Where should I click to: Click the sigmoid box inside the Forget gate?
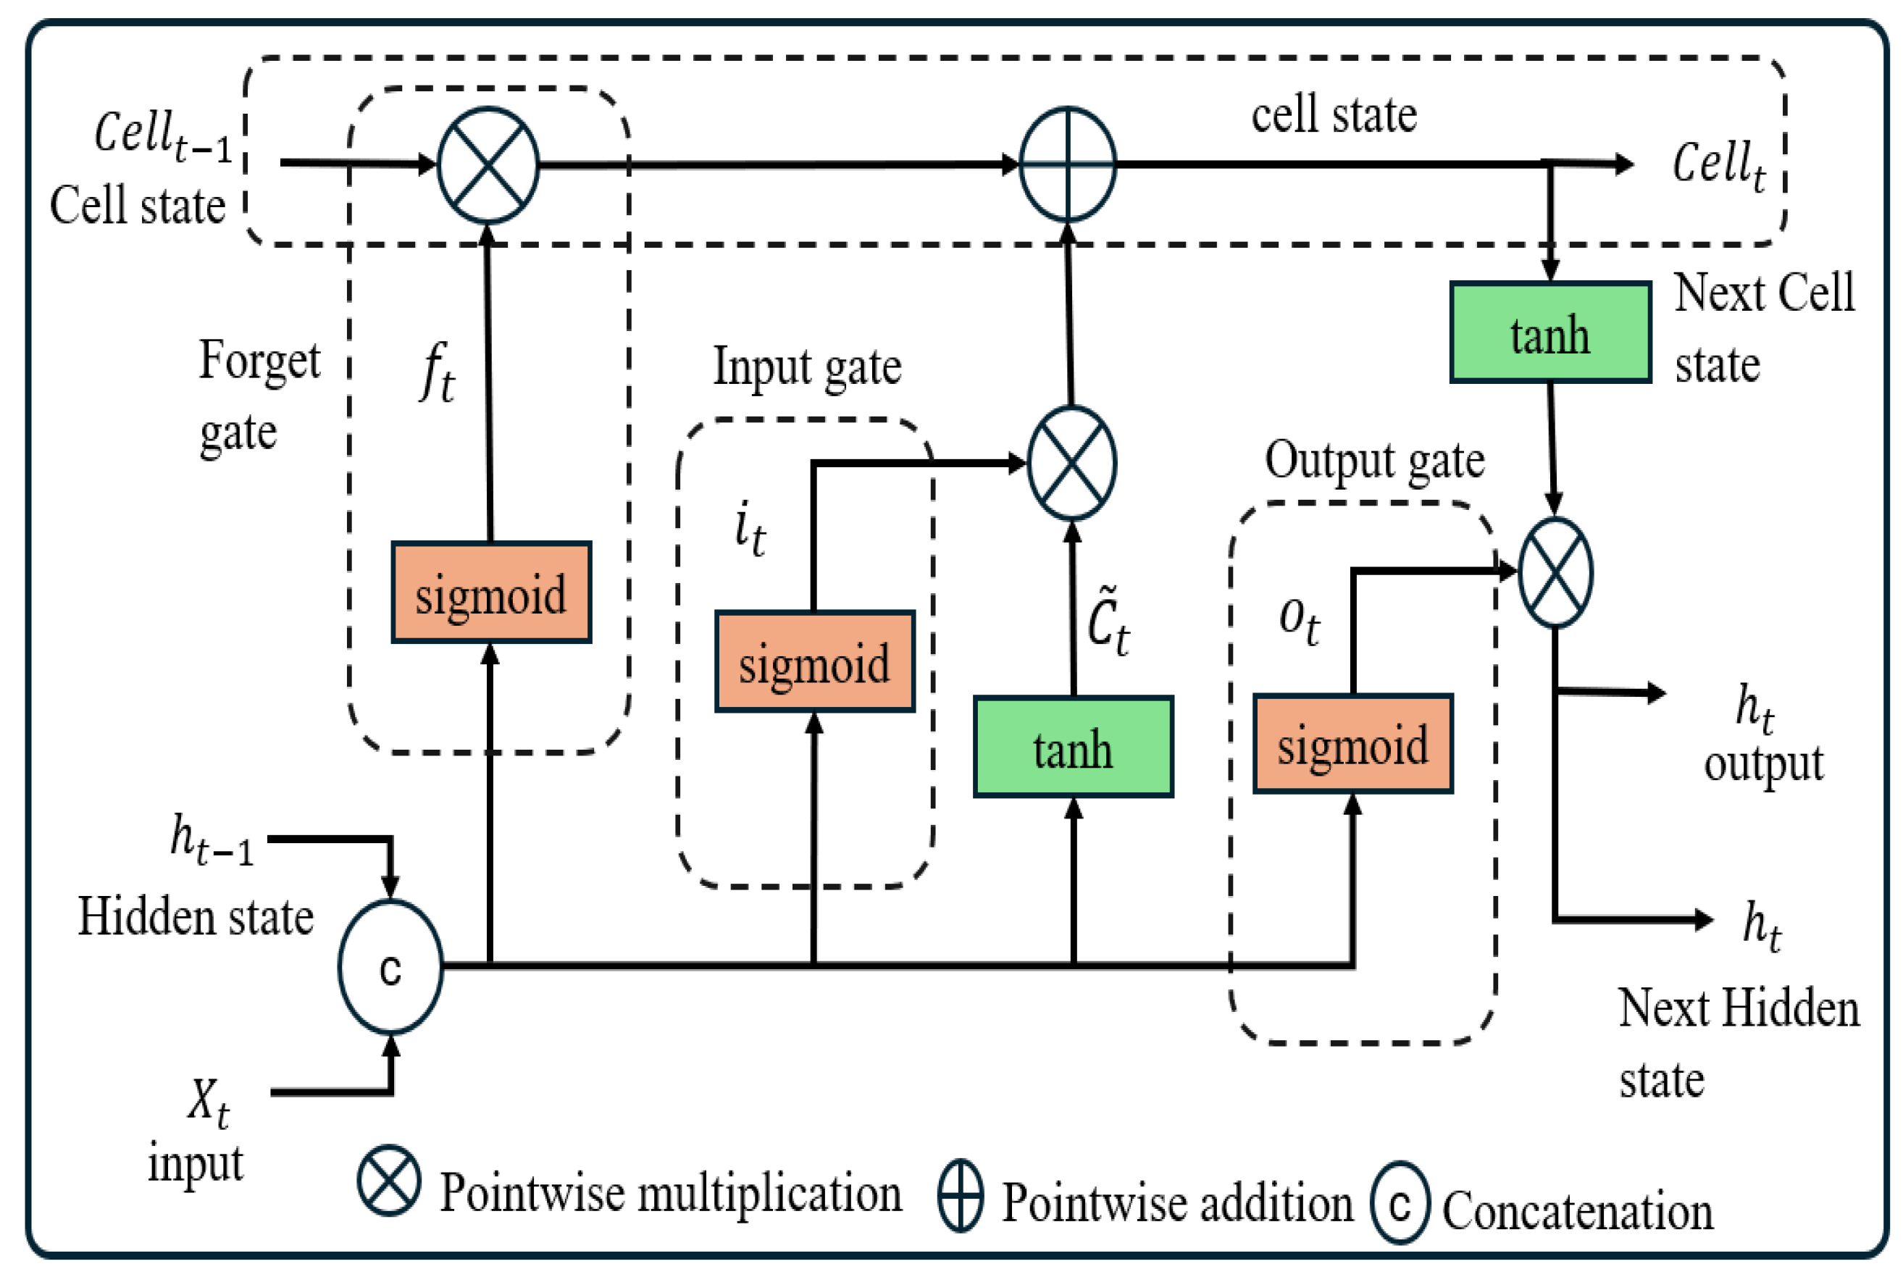pos(491,592)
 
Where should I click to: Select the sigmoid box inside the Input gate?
pos(814,661)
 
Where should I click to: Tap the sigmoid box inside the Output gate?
pos(1352,744)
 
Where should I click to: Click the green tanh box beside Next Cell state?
pos(1549,332)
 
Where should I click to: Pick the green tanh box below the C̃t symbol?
pos(1074,747)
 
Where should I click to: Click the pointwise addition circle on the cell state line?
pos(1068,164)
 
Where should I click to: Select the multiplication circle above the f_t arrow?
pos(488,165)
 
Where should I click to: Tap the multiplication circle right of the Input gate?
pos(1071,464)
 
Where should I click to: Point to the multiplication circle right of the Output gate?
pos(1555,572)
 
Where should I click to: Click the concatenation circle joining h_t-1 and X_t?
pos(391,967)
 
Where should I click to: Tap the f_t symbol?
pos(438,372)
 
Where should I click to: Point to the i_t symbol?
pos(749,529)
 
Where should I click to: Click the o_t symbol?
pos(1299,621)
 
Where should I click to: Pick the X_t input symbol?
pos(209,1102)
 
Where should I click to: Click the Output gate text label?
pos(1373,461)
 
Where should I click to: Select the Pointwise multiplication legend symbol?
pos(389,1181)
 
